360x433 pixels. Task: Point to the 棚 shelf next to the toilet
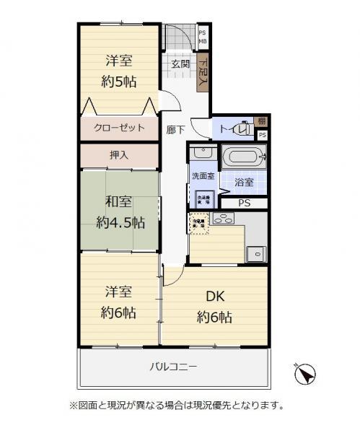click(x=261, y=121)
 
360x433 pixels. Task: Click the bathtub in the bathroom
click(x=243, y=157)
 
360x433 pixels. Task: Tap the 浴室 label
click(x=244, y=183)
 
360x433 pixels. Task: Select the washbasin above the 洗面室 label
click(x=202, y=154)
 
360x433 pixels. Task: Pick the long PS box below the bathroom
click(x=244, y=203)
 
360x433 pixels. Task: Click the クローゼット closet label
click(x=119, y=128)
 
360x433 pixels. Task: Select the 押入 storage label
click(x=118, y=154)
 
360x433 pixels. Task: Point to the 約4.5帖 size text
click(x=118, y=221)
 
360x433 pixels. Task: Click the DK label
click(x=214, y=297)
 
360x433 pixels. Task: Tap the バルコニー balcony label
click(x=173, y=367)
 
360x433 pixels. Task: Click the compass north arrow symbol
click(x=306, y=374)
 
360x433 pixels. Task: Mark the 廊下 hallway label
click(x=175, y=130)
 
